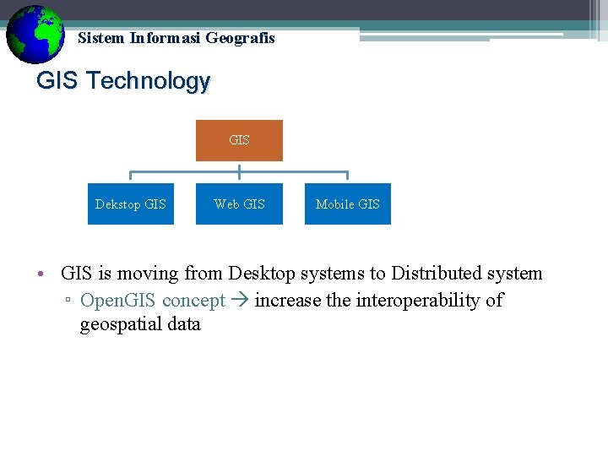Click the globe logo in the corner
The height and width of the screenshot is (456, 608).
(35, 35)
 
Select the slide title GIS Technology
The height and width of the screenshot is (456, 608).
(123, 81)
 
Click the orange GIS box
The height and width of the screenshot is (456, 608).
(239, 140)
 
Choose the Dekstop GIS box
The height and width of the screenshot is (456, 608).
(131, 204)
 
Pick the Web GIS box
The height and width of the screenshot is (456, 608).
(239, 204)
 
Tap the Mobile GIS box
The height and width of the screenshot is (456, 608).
(347, 204)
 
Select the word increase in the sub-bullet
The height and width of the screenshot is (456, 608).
(286, 301)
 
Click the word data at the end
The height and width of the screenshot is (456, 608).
(185, 325)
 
